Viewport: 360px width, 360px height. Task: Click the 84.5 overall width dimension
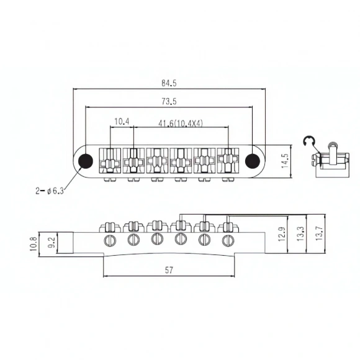point(169,83)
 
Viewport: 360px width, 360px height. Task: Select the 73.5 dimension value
point(169,101)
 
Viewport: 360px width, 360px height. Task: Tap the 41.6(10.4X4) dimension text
point(181,124)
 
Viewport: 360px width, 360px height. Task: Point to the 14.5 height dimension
point(285,161)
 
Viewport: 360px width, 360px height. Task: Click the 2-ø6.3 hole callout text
point(50,191)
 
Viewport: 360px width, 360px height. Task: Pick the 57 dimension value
point(169,270)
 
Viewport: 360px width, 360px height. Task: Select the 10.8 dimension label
point(34,244)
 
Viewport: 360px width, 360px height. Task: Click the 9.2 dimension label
point(52,243)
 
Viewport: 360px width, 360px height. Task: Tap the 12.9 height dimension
point(282,234)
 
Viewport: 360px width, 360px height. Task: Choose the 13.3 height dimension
point(300,234)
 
